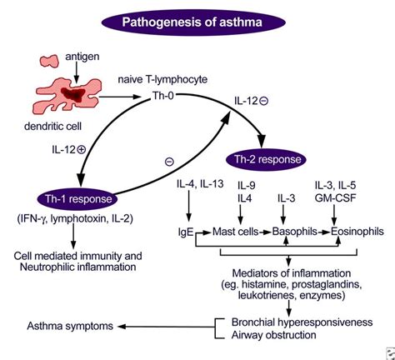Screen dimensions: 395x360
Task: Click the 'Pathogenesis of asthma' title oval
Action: coord(193,22)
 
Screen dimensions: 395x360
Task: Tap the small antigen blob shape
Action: coord(49,61)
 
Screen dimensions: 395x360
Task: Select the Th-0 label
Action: coord(163,96)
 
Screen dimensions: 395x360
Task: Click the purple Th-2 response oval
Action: coord(267,159)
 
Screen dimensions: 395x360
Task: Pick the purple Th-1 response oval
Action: coord(77,199)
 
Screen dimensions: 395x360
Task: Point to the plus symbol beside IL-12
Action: coord(81,150)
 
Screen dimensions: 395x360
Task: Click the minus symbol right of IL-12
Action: coord(263,101)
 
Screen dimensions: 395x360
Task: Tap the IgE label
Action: coord(186,232)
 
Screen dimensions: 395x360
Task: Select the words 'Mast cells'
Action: coord(236,232)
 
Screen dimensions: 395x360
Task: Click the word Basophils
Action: coord(295,232)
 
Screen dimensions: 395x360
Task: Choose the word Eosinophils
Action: coord(357,232)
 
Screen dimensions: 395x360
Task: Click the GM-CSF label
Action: coord(336,198)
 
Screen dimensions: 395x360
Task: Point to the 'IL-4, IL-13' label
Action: coord(200,184)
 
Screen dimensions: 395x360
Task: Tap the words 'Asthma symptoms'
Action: coord(70,326)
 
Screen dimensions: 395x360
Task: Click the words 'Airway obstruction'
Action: coord(274,335)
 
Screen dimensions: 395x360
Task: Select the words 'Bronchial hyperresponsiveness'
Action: coord(302,322)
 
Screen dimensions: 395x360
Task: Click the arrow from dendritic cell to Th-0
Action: coord(118,97)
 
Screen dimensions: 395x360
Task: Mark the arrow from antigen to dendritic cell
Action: coord(76,72)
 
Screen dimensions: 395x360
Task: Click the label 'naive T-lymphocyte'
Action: coord(162,79)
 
